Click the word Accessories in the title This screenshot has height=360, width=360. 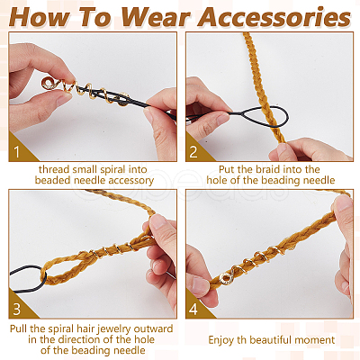coord(274,17)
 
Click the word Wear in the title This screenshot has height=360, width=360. coord(156,17)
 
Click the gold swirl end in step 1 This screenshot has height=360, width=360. coord(49,83)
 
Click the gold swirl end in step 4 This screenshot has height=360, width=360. coord(226,279)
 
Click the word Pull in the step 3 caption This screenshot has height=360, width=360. coord(19,328)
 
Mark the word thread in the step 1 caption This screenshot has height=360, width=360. coord(54,169)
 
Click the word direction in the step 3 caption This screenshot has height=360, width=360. coord(80,339)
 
